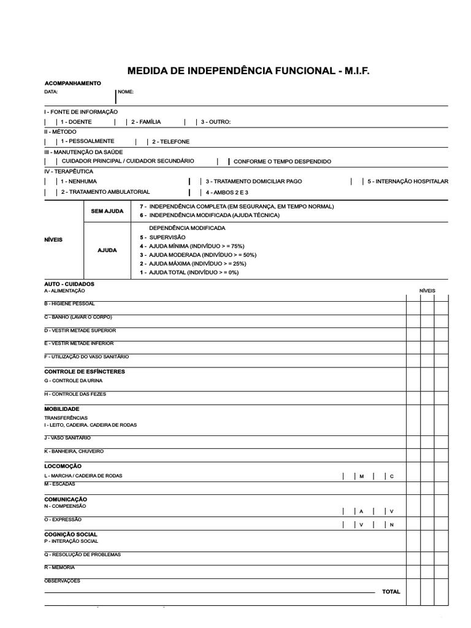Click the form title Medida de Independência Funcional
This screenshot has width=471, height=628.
click(248, 72)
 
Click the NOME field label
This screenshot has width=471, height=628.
click(126, 91)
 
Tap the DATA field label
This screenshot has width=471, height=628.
click(51, 91)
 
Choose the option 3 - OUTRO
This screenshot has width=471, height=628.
click(215, 122)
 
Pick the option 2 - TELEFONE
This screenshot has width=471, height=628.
click(170, 142)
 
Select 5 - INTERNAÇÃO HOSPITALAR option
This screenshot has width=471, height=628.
click(408, 182)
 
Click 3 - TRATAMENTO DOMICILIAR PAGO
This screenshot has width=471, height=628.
click(253, 182)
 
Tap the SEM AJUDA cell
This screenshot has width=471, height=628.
click(107, 211)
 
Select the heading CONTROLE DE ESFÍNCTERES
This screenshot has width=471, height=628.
click(85, 372)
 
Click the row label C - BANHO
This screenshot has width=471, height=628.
click(78, 317)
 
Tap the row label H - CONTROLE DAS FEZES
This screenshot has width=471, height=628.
click(75, 394)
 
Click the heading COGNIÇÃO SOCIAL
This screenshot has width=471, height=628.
click(71, 535)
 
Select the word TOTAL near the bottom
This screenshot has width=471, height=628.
click(391, 592)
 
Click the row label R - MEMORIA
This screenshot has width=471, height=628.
click(59, 568)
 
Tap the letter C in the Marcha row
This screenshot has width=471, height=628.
click(392, 477)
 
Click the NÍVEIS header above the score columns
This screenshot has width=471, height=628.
click(427, 290)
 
